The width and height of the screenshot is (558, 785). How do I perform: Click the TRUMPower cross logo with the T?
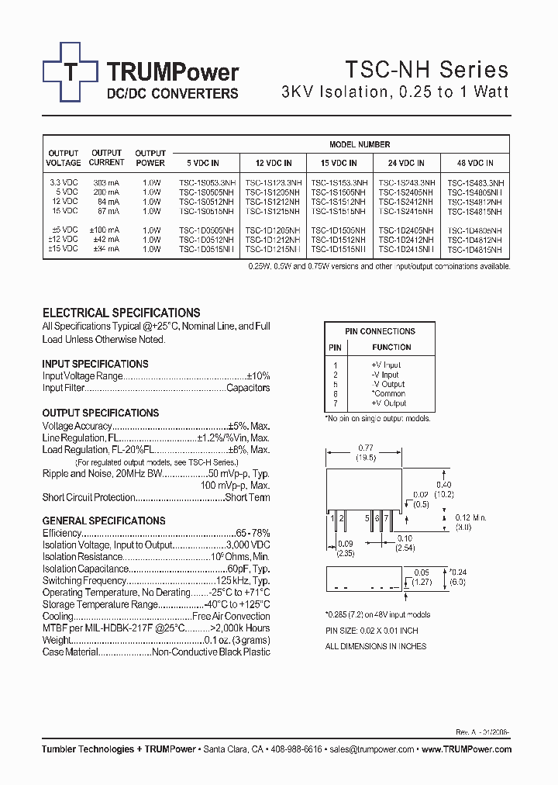tap(71, 71)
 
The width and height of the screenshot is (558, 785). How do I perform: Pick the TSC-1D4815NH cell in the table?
tap(474, 249)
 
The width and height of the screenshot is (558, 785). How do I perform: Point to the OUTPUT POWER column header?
tap(150, 158)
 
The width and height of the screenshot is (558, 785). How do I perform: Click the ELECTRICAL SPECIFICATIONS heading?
tap(121, 313)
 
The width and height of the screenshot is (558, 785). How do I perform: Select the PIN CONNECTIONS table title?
tap(380, 331)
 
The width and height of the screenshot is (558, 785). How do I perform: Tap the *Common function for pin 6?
tap(389, 394)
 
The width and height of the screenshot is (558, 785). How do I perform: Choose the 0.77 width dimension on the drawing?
tap(365, 448)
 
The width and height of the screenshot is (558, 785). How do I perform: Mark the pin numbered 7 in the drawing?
tap(384, 517)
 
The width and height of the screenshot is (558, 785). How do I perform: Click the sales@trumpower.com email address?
tap(372, 750)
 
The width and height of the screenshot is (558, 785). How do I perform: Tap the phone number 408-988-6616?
tap(295, 750)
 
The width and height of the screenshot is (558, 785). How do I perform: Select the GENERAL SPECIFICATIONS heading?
tap(103, 520)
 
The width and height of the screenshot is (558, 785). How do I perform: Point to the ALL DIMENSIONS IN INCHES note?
tap(376, 646)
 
